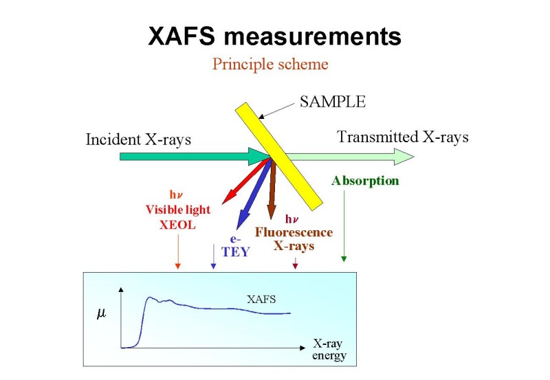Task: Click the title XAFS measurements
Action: [274, 36]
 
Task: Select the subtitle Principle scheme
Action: [270, 64]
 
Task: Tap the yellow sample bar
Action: [278, 157]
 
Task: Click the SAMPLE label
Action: [333, 102]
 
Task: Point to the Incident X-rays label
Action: [138, 139]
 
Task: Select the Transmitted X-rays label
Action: [403, 137]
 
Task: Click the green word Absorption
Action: [365, 181]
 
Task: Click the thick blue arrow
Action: [254, 194]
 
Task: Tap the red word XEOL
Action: [177, 225]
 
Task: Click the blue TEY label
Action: [235, 252]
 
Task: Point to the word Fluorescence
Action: [294, 232]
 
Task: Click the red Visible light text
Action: [178, 210]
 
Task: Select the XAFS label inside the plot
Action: [261, 300]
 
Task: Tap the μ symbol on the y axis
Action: [101, 313]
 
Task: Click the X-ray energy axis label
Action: [329, 349]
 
